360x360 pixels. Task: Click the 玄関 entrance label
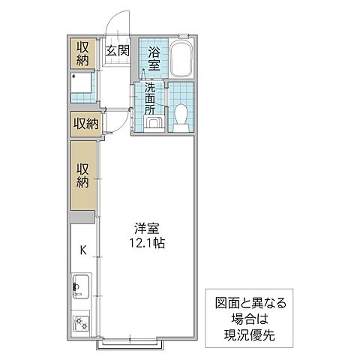[x=118, y=51]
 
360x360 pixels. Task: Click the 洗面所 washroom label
[x=150, y=97]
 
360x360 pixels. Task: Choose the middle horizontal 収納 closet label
[x=84, y=123]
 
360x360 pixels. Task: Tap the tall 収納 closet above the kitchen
[x=82, y=175]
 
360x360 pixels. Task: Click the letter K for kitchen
[x=82, y=250]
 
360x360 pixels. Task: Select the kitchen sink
[x=81, y=286]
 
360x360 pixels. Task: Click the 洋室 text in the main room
[x=147, y=229]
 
